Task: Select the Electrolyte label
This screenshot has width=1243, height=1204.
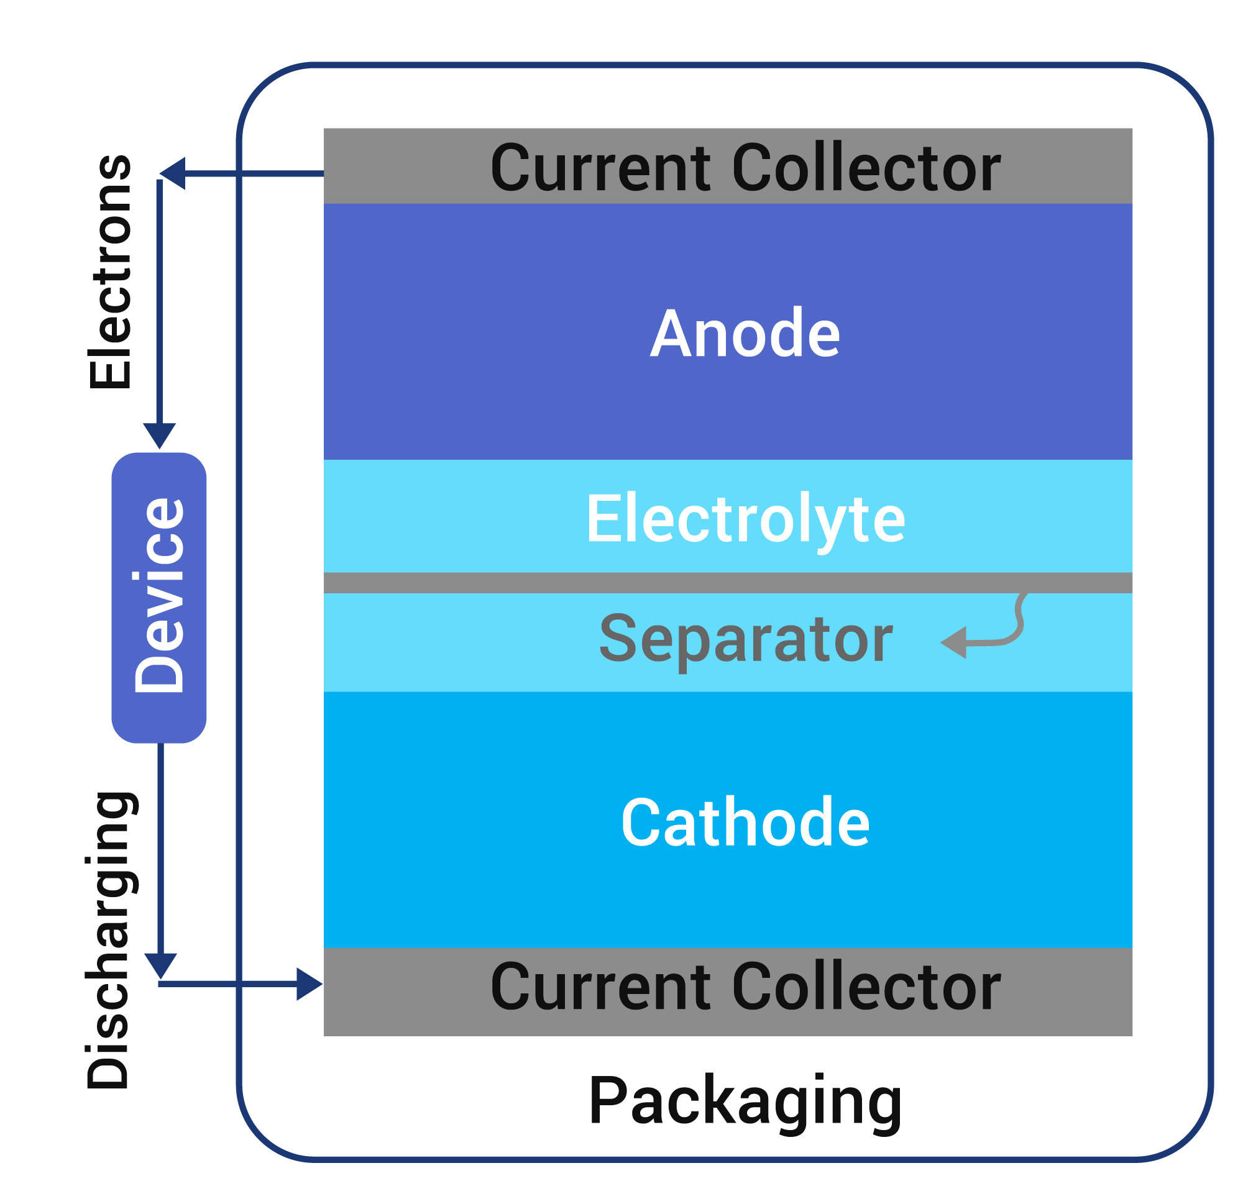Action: point(745,521)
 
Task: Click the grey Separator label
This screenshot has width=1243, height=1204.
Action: point(745,641)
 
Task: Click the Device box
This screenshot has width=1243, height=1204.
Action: point(158,597)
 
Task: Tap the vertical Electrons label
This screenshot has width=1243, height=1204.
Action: point(111,273)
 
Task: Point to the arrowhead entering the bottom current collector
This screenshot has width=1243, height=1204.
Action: point(309,984)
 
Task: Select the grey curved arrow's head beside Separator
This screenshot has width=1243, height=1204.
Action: point(954,642)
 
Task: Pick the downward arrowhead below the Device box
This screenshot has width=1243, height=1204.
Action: point(160,965)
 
